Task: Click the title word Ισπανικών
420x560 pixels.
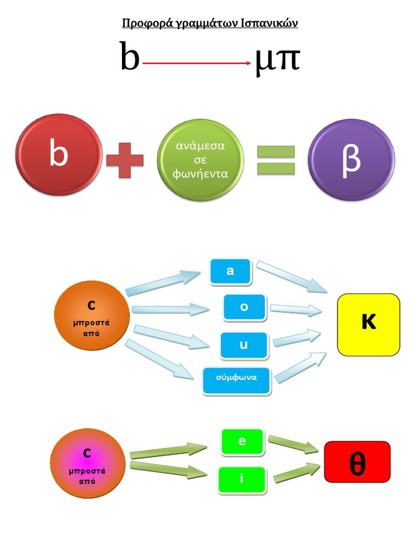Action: pos(269,24)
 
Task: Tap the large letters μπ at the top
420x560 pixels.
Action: pos(278,60)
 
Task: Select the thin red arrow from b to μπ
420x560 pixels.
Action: pos(197,63)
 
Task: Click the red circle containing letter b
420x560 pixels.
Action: pos(59,155)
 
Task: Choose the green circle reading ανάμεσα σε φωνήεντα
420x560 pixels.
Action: pos(200,160)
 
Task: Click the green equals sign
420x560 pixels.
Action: pos(276,160)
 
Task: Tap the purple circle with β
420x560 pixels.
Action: pos(351,160)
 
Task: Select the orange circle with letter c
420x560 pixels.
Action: pos(91,316)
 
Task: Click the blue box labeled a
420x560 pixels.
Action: pos(230,271)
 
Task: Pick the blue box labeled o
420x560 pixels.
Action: pos(244,307)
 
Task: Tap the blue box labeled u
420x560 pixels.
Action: pos(244,345)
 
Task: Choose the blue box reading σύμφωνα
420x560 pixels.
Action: pos(236,380)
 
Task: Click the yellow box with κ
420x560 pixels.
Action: pos(369,324)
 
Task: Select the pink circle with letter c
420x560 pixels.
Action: pos(87,463)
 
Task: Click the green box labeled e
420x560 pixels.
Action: pos(242,442)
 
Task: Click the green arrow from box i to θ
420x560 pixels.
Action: pos(296,472)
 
